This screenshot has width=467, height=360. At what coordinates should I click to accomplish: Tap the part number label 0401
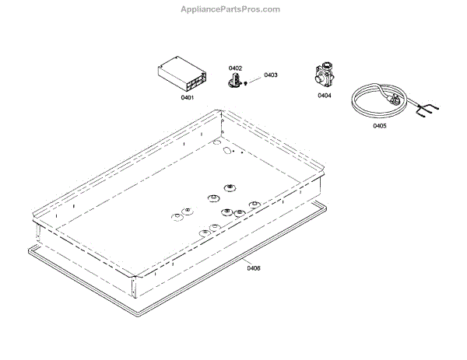coord(188,97)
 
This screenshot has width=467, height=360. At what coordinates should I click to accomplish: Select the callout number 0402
coord(235,68)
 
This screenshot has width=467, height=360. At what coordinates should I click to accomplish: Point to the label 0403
coord(270,75)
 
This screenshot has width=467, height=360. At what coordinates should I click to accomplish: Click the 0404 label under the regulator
coord(325,96)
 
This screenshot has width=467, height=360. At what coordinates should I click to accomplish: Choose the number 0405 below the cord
coord(379,125)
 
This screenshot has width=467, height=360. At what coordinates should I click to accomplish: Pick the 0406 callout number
coord(253,268)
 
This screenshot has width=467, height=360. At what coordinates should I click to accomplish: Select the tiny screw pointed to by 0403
coord(246,82)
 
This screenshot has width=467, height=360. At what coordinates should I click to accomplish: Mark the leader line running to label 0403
coord(255,79)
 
